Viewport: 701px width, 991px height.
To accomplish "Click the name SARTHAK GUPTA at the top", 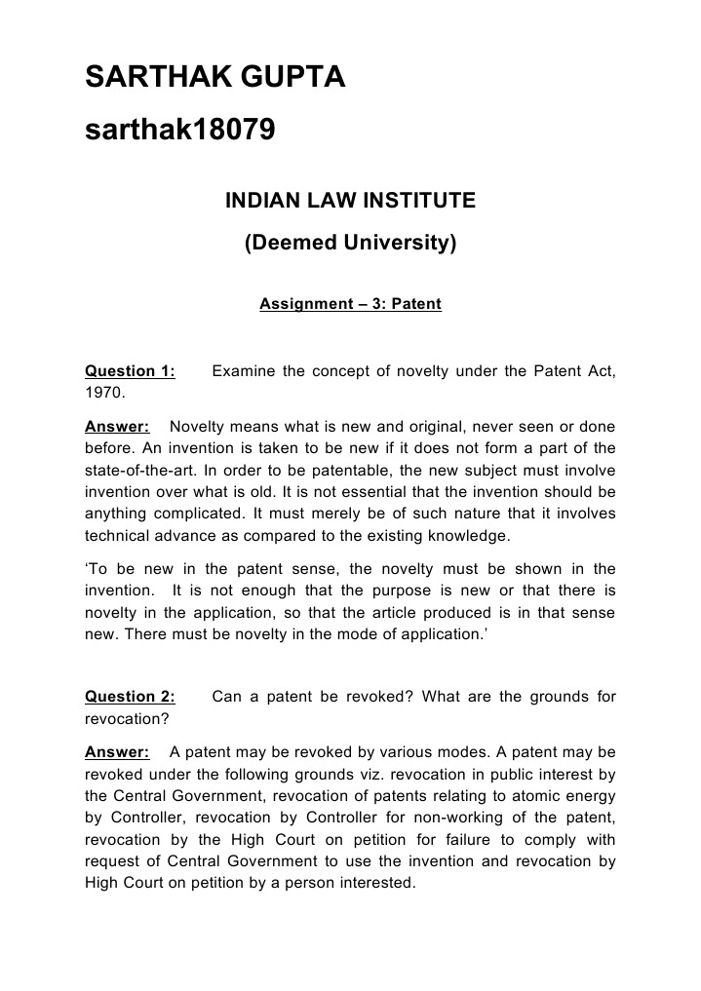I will point(215,78).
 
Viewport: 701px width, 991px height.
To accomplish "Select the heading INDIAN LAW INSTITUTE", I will point(350,201).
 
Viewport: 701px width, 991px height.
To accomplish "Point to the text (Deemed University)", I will point(350,243).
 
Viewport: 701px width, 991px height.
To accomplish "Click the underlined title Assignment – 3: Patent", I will point(350,304).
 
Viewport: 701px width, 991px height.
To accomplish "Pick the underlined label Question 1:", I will point(131,371).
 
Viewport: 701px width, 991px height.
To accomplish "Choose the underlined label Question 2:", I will point(131,697).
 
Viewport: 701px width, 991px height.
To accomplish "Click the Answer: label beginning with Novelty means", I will point(117,427).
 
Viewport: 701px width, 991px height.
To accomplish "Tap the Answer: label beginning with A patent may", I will point(117,752).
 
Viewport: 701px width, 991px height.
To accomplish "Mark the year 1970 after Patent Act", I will point(103,393).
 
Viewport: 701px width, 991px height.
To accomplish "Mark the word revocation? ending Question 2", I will point(127,719).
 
